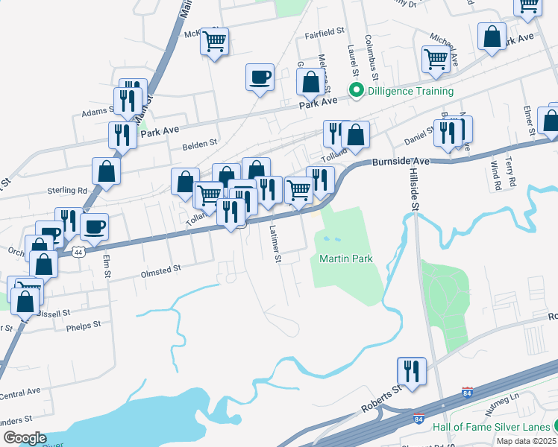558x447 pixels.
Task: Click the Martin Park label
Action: pyautogui.click(x=345, y=259)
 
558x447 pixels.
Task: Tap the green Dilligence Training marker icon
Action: pyautogui.click(x=357, y=92)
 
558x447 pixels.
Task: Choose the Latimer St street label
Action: pyautogui.click(x=275, y=244)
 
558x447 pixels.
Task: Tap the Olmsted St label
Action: pyautogui.click(x=161, y=270)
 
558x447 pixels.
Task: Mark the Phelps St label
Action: pyautogui.click(x=83, y=326)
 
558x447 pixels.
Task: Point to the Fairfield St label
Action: pyautogui.click(x=324, y=33)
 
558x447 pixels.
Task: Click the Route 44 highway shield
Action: pyautogui.click(x=78, y=253)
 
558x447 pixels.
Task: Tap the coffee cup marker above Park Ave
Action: pyautogui.click(x=260, y=77)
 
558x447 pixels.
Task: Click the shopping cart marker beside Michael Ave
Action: pyautogui.click(x=436, y=60)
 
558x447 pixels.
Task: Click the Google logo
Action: pyautogui.click(x=24, y=437)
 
